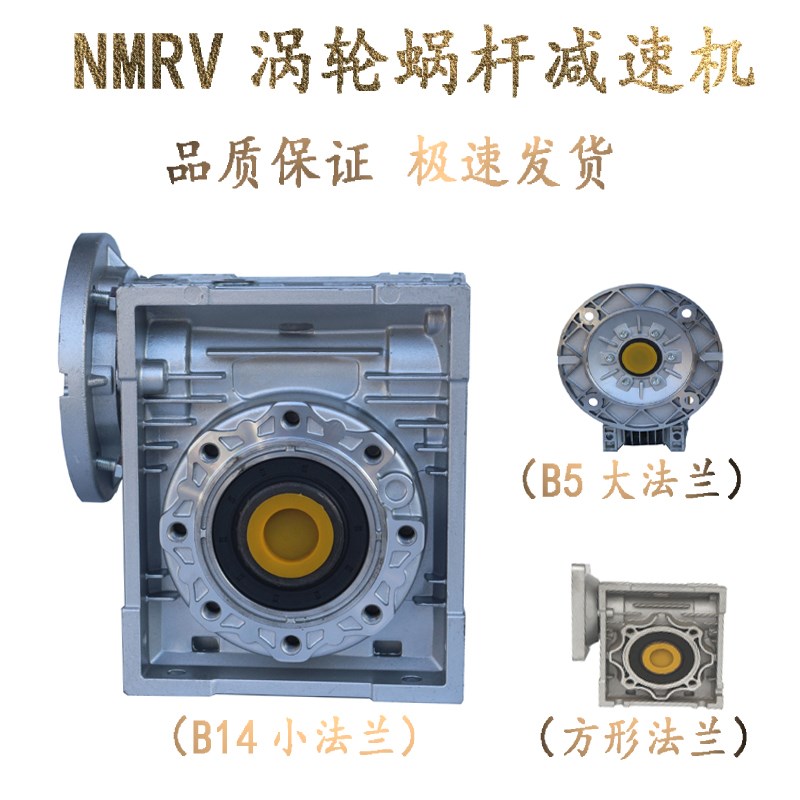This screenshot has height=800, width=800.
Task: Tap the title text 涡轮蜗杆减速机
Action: coord(500,62)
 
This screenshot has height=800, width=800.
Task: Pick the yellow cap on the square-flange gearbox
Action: coord(658,656)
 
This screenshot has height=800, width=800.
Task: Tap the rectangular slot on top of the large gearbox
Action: coord(289,327)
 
